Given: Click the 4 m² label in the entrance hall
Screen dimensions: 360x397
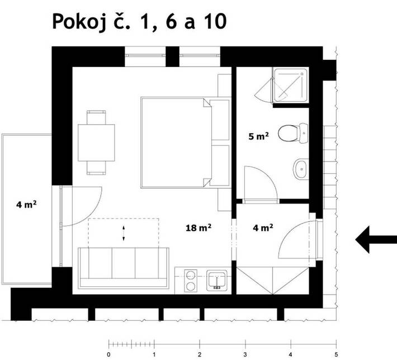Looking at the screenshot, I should click(262, 228).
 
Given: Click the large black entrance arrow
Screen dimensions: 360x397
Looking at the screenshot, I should click(376, 239).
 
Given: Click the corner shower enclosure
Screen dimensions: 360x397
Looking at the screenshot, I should click(289, 86).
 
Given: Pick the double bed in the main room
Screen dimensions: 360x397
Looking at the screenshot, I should click(176, 142).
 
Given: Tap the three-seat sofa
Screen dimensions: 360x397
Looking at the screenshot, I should click(124, 266).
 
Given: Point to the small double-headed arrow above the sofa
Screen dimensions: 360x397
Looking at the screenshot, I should click(124, 234).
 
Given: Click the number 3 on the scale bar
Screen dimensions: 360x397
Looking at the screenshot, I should click(245, 354).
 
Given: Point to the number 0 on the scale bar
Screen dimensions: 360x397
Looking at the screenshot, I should click(108, 354).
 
